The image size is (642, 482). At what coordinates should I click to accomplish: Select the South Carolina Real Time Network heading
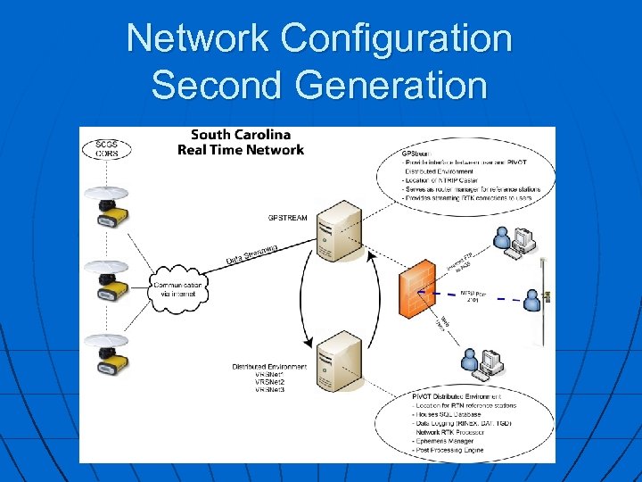(240, 142)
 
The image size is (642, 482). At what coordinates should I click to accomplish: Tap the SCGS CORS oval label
(106, 147)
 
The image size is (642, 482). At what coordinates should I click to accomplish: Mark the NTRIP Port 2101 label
(475, 295)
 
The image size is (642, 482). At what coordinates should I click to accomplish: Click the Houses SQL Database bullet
(450, 413)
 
